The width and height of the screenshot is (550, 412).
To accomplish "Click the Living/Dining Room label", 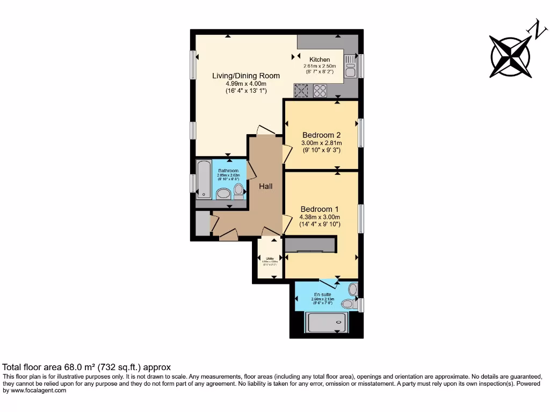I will pyautogui.click(x=238, y=76).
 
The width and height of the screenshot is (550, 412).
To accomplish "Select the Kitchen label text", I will pyautogui.click(x=320, y=60).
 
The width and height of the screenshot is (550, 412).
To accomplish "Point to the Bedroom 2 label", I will pyautogui.click(x=321, y=135).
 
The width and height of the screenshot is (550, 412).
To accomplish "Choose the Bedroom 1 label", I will pyautogui.click(x=320, y=209).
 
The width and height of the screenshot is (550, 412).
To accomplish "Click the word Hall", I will pyautogui.click(x=266, y=187).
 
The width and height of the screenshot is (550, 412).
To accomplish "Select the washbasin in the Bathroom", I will pyautogui.click(x=223, y=193).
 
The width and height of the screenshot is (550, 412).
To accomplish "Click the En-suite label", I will pyautogui.click(x=323, y=295).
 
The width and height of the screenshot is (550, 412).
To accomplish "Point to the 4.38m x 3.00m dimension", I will pyautogui.click(x=320, y=217).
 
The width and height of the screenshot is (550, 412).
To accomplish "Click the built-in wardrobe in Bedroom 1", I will pyautogui.click(x=310, y=245).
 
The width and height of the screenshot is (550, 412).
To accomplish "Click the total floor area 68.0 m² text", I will pyautogui.click(x=87, y=367).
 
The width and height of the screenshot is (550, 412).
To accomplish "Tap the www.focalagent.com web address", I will pyautogui.click(x=35, y=391).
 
